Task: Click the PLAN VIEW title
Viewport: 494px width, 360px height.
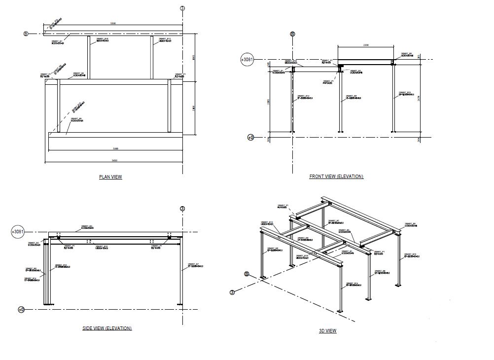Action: [110, 177]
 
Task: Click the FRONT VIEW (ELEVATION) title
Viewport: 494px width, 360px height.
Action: [336, 177]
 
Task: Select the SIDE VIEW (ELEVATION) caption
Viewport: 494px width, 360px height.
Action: [107, 328]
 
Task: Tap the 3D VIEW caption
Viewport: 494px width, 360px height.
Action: [327, 331]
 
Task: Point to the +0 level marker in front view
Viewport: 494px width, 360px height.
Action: [250, 137]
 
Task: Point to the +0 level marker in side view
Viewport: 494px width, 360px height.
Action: [21, 310]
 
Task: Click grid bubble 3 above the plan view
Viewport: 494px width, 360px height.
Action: [182, 8]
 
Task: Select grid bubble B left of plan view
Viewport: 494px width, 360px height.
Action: [26, 34]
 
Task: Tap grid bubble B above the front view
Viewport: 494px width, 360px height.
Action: [292, 34]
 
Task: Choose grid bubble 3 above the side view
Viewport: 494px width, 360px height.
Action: [182, 209]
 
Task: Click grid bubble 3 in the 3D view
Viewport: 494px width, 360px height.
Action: [232, 292]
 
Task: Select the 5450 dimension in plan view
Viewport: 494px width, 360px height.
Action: [114, 161]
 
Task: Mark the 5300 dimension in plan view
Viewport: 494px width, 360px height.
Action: [114, 148]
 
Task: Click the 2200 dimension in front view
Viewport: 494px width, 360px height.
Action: [365, 45]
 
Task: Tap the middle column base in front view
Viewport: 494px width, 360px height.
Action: [341, 132]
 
